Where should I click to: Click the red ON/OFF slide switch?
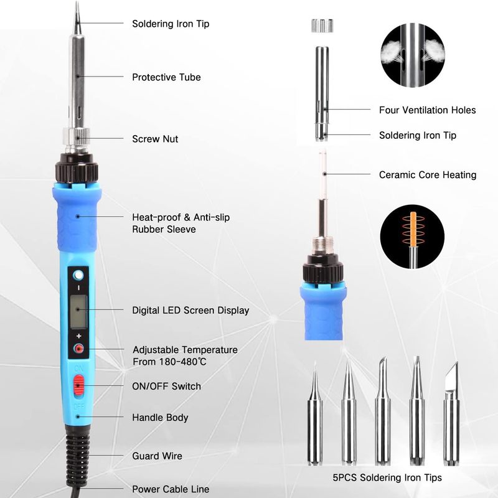click(78, 386)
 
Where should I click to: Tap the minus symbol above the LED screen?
click(79, 288)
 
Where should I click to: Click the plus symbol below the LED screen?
click(79, 336)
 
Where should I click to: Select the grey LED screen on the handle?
click(78, 311)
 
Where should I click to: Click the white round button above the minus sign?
click(78, 275)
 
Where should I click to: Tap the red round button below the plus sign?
click(78, 349)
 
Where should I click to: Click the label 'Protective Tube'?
click(166, 77)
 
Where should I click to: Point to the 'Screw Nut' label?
click(155, 139)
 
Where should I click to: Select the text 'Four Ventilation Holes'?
click(428, 110)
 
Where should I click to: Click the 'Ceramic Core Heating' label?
click(428, 175)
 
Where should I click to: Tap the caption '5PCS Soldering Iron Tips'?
click(387, 477)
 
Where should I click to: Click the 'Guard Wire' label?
click(157, 456)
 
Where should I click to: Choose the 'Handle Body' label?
click(160, 417)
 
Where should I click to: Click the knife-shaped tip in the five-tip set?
click(451, 413)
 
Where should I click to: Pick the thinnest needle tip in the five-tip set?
click(315, 413)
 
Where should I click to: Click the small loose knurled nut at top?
click(322, 26)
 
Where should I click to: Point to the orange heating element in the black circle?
click(413, 228)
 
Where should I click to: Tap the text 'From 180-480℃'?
click(169, 362)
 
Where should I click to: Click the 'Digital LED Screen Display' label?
click(190, 310)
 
